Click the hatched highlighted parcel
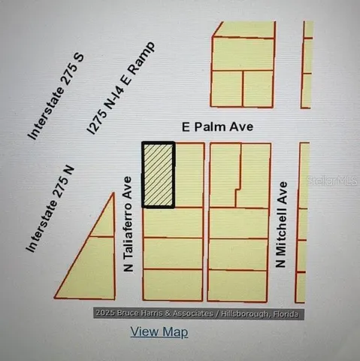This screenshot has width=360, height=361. click(159, 174)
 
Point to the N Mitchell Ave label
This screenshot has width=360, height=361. click(282, 226)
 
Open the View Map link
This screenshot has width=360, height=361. click(159, 332)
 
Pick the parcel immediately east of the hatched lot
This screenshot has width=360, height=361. click(189, 174)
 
